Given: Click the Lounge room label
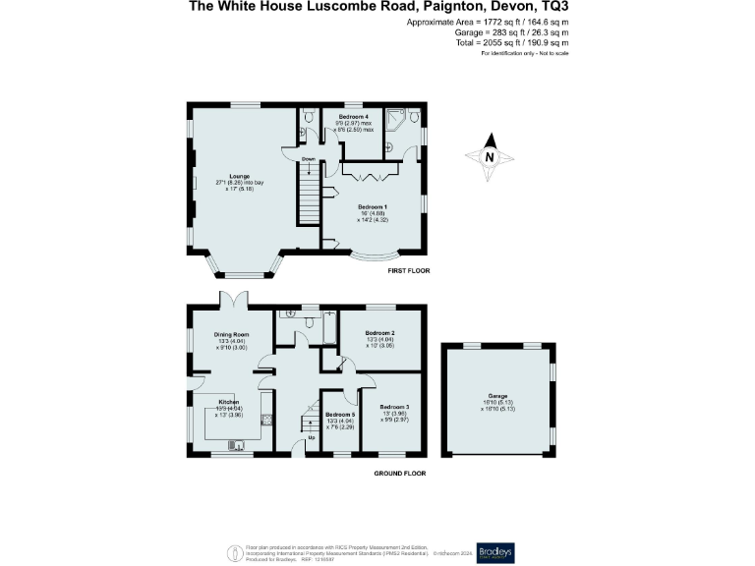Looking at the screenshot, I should pos(239,177).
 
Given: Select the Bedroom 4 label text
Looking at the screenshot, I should pos(353,117).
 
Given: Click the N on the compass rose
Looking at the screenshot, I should pos(489,157).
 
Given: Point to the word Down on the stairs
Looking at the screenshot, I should pos(309,158).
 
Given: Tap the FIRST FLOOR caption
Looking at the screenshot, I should pos(408,270).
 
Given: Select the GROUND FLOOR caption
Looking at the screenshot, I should pos(400,473).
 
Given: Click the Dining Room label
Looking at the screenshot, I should pos(232,334).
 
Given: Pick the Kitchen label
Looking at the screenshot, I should pos(229,403).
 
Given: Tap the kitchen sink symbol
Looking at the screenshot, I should pos(236,445).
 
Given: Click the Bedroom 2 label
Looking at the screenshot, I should pos(379,333).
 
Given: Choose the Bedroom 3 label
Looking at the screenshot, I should pos(393,407).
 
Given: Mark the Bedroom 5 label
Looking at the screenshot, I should pos(339,417).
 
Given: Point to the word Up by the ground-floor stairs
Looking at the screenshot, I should pos(313,437).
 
